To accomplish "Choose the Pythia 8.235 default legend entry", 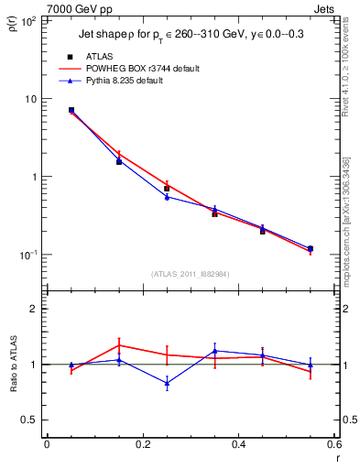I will (x=127, y=81).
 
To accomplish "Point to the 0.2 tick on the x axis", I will (x=142, y=444).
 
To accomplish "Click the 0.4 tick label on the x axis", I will (x=238, y=444).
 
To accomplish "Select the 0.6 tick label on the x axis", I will (x=334, y=444).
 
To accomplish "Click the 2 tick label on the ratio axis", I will (x=32, y=310).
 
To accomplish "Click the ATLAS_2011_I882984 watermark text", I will (x=189, y=274).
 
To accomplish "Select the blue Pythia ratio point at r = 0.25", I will (x=167, y=383).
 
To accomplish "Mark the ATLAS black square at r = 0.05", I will (x=71, y=110).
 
